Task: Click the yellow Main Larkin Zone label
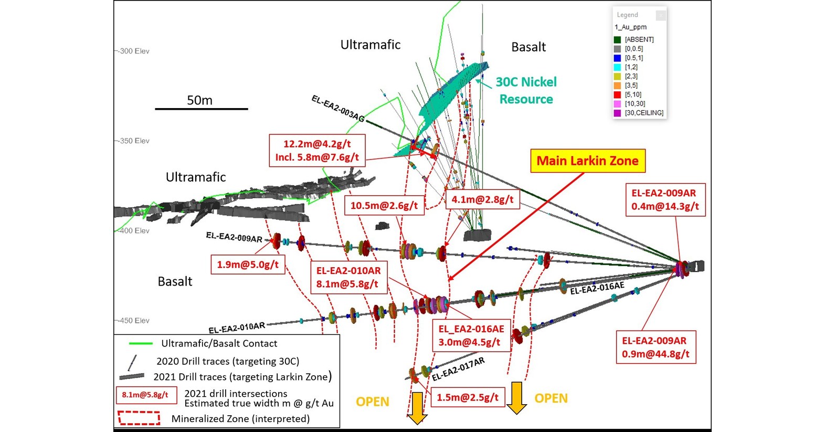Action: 587,161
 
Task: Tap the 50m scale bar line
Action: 201,109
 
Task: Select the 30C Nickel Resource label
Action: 526,90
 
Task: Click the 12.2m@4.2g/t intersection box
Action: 317,151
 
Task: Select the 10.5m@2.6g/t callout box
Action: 384,205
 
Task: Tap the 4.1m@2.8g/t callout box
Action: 482,199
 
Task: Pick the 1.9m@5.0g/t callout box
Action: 248,264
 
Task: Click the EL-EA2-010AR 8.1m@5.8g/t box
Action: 348,277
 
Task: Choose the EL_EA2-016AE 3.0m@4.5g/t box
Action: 471,335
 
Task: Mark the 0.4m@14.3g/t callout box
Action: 665,199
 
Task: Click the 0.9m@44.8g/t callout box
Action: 655,347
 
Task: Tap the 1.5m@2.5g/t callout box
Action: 467,397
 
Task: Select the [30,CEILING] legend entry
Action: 644,113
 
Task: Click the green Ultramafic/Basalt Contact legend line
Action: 141,344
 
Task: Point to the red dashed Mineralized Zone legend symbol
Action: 139,418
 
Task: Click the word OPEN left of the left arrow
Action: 372,402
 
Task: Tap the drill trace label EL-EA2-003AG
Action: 338,108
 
